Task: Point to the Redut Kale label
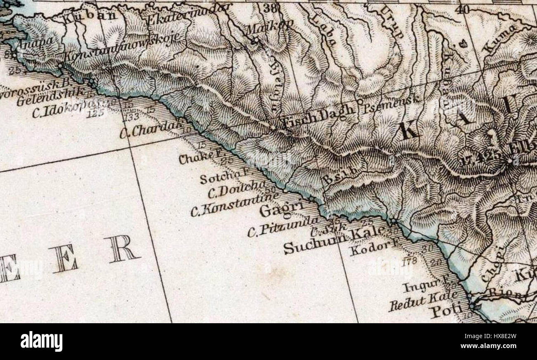[x=424, y=301]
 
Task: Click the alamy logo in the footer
[x=41, y=341]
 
